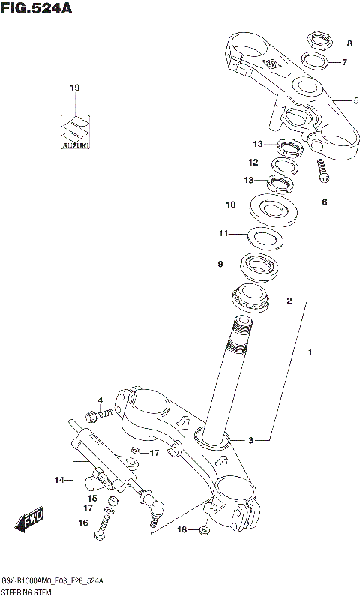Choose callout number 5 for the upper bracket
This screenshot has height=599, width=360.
(357, 100)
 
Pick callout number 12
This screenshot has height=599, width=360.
(253, 163)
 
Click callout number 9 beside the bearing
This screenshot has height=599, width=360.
(220, 264)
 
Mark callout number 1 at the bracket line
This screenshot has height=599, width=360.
(309, 351)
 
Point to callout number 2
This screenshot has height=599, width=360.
(289, 302)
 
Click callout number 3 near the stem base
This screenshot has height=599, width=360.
(252, 440)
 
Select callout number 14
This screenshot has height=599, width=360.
(59, 480)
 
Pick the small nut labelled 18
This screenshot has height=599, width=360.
(204, 532)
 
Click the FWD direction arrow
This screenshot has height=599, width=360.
(29, 520)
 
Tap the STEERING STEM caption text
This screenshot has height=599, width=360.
(28, 592)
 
